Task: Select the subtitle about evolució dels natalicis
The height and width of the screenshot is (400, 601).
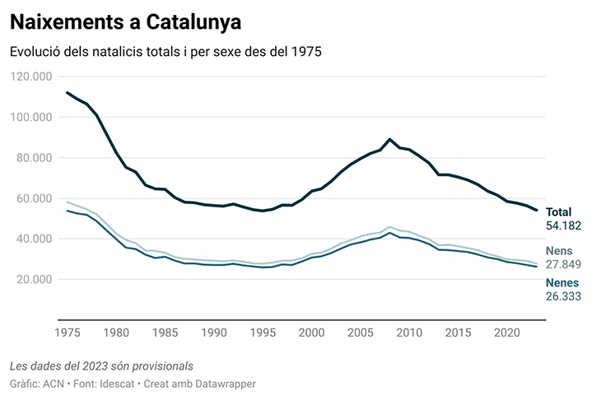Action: tap(165, 52)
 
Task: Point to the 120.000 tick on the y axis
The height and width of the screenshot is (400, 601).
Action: tap(31, 77)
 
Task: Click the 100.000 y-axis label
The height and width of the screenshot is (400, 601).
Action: tap(31, 117)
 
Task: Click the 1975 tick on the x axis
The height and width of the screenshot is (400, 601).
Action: tap(68, 333)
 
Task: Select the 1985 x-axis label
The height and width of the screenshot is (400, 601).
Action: tap(165, 333)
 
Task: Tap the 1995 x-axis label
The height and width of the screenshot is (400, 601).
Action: tap(263, 333)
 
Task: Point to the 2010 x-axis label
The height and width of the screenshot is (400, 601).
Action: tap(408, 333)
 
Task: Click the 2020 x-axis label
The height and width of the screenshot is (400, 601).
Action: tap(505, 333)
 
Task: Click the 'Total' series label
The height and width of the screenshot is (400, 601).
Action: tap(558, 212)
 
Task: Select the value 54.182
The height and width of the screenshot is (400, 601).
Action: tap(564, 226)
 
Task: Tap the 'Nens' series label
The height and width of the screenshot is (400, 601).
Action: tap(560, 251)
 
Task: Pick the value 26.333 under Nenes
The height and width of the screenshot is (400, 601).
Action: tap(564, 295)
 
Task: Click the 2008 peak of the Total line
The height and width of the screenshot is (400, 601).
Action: tap(389, 139)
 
